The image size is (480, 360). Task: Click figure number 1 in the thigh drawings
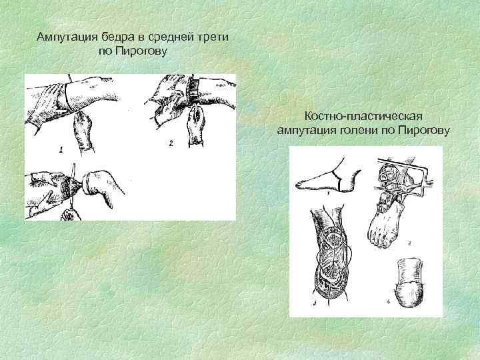click(x=61, y=150)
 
